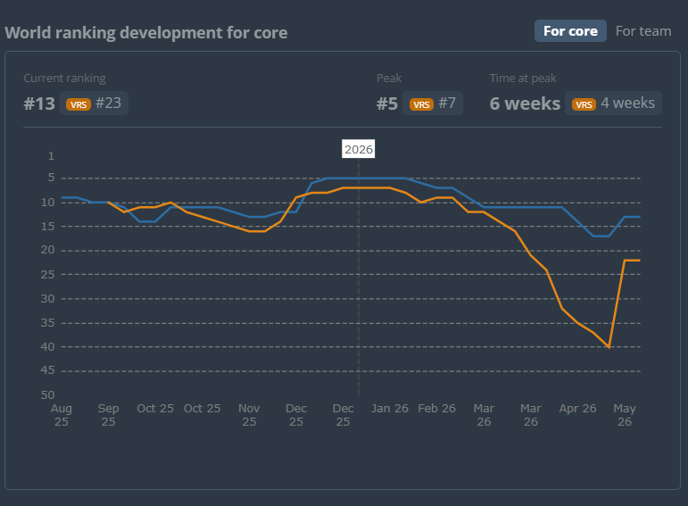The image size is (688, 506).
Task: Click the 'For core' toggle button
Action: tap(570, 30)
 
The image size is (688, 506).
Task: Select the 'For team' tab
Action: tap(643, 31)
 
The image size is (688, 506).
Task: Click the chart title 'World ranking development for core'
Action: tap(146, 33)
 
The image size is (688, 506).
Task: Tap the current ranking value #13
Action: tap(39, 104)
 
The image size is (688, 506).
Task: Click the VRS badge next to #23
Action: tap(79, 104)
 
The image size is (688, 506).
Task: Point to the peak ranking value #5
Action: tap(387, 104)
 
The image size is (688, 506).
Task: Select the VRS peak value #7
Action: tap(447, 104)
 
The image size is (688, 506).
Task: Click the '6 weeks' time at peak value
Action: tap(525, 104)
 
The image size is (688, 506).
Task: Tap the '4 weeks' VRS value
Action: tap(627, 104)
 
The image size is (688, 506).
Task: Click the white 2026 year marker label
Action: tap(359, 149)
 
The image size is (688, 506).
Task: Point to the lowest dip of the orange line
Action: tap(609, 347)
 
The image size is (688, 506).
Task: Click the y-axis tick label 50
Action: tap(48, 395)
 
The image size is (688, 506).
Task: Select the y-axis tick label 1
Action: tap(52, 156)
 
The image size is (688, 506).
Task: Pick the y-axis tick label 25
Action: tap(48, 274)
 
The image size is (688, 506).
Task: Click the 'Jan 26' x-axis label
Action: tap(390, 409)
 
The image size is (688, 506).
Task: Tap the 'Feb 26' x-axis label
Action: tap(436, 409)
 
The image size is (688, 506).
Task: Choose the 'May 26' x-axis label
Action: tap(625, 415)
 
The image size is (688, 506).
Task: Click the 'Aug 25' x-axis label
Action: tap(62, 415)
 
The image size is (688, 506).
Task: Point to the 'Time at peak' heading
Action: tap(523, 79)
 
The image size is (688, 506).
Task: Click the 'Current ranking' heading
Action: tap(64, 79)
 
